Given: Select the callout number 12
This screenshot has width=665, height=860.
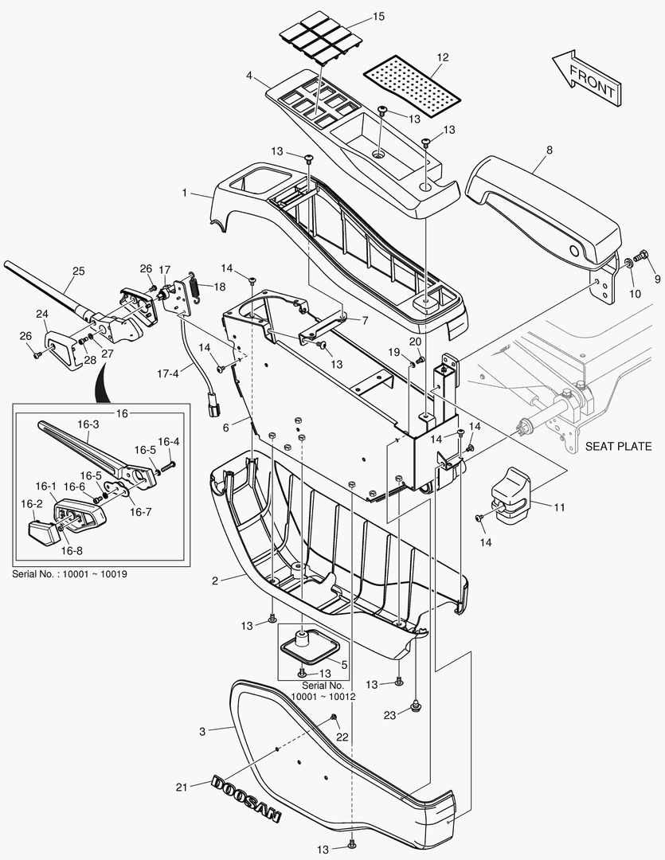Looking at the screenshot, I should click(x=443, y=57).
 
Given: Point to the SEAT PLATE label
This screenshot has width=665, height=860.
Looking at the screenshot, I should click(x=618, y=446).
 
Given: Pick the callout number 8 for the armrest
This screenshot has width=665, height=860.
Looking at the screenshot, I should click(x=550, y=149).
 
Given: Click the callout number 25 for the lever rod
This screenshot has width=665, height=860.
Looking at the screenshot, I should click(x=77, y=272).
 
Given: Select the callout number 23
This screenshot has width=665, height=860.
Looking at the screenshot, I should click(x=389, y=715).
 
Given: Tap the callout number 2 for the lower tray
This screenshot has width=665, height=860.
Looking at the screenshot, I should click(x=214, y=580).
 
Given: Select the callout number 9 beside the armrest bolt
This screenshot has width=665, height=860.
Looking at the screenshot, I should click(x=657, y=279).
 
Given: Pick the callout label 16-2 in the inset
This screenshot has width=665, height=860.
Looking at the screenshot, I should click(x=32, y=503).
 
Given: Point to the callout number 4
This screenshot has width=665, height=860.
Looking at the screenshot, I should click(x=249, y=76).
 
